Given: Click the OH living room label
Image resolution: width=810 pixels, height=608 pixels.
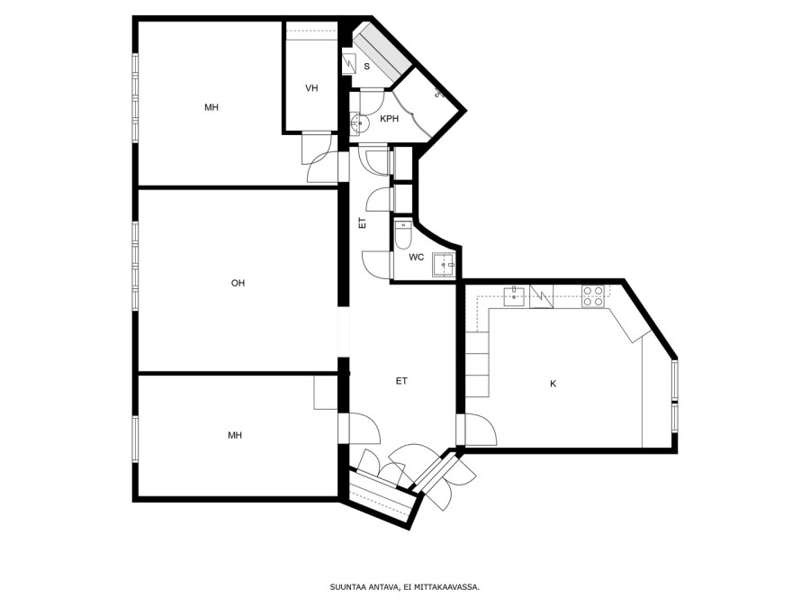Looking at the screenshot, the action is coord(238,283).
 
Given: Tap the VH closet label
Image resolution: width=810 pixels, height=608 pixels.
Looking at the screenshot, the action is coord(311,88).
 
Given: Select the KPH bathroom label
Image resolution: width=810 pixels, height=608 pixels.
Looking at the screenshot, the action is coord(390,118).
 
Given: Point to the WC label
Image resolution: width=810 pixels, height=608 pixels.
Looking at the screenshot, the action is coord(417,257).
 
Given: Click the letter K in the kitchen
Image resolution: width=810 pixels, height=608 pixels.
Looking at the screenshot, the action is coord(553,384).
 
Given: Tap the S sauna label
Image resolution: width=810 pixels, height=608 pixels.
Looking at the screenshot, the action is coord(367,66).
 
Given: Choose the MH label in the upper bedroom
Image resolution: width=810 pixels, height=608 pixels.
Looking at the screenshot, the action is coord(211,107).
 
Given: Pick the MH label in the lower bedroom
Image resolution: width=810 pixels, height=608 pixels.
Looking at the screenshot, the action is coord(235,435).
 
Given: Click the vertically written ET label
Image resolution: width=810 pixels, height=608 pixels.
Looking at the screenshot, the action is coord(362,223).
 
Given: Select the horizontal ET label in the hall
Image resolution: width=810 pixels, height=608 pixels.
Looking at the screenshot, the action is coord(402,381).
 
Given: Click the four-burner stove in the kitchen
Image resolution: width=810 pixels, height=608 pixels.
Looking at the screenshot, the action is coord(593,296).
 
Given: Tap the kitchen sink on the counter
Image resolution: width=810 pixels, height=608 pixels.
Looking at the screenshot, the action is coord(515,295).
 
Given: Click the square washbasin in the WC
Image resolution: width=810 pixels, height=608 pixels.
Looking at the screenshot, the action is coord(444,265).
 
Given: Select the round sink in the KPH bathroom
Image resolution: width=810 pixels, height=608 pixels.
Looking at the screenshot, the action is coord(358,123).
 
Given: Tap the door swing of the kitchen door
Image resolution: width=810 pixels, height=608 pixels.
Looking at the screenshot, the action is coord(481,431).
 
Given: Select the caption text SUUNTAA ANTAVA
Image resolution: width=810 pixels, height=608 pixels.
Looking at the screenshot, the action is coord(364,586).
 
